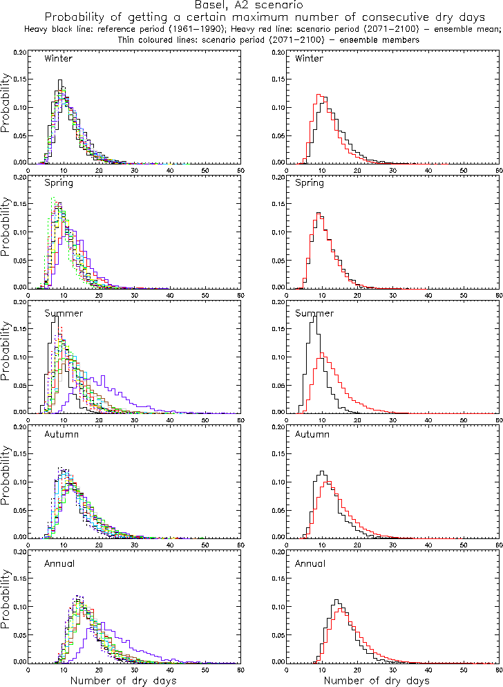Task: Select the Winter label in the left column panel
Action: click(58, 58)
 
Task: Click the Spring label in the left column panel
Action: click(58, 183)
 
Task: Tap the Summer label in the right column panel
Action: click(314, 314)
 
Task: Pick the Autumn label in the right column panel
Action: click(312, 434)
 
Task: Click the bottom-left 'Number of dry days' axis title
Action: click(124, 681)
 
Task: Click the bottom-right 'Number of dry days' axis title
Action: click(377, 681)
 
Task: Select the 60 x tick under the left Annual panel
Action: click(240, 669)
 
